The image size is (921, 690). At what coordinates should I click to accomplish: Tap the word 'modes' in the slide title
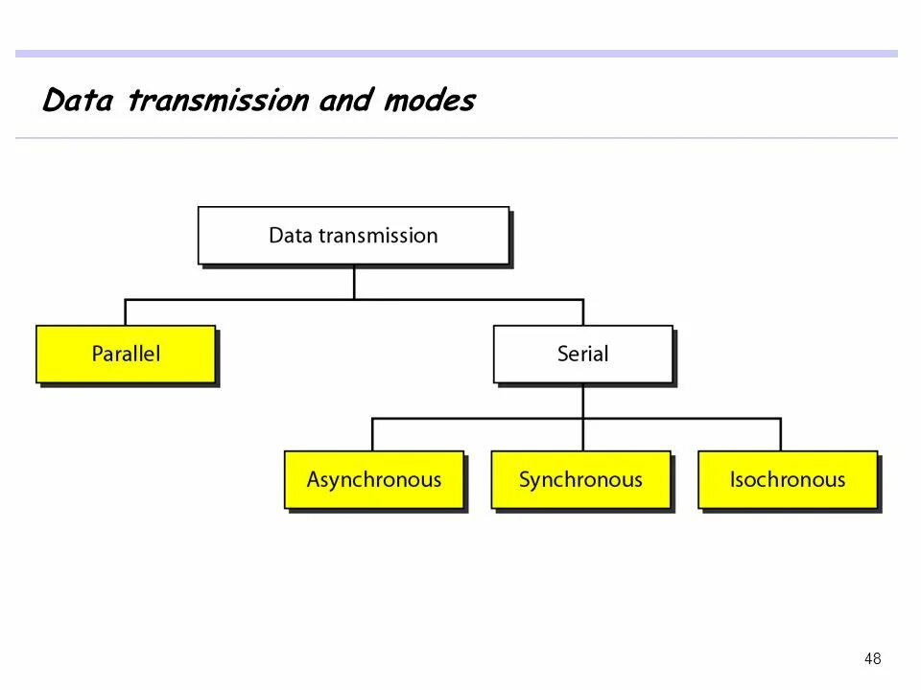coord(428,101)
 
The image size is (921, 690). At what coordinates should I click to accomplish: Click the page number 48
coord(872,658)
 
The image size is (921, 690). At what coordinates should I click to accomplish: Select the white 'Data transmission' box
coord(353,235)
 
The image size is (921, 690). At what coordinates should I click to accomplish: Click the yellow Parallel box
coord(126,354)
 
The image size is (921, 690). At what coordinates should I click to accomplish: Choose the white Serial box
coord(583,354)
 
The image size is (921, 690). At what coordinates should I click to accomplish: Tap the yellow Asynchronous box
coord(373,479)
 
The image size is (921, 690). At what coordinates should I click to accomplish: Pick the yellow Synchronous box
coord(580,479)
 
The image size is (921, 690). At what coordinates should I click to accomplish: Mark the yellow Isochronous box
coord(787,479)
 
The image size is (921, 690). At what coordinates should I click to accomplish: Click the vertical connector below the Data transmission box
coord(354,282)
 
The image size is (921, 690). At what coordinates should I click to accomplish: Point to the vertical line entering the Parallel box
coord(126,312)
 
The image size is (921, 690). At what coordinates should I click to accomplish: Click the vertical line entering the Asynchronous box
coord(373,434)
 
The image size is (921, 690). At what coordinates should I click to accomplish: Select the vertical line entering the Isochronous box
coord(780,434)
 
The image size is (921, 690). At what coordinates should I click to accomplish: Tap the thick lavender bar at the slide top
coord(457,54)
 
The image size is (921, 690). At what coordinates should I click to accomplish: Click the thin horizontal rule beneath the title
coord(457,138)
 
